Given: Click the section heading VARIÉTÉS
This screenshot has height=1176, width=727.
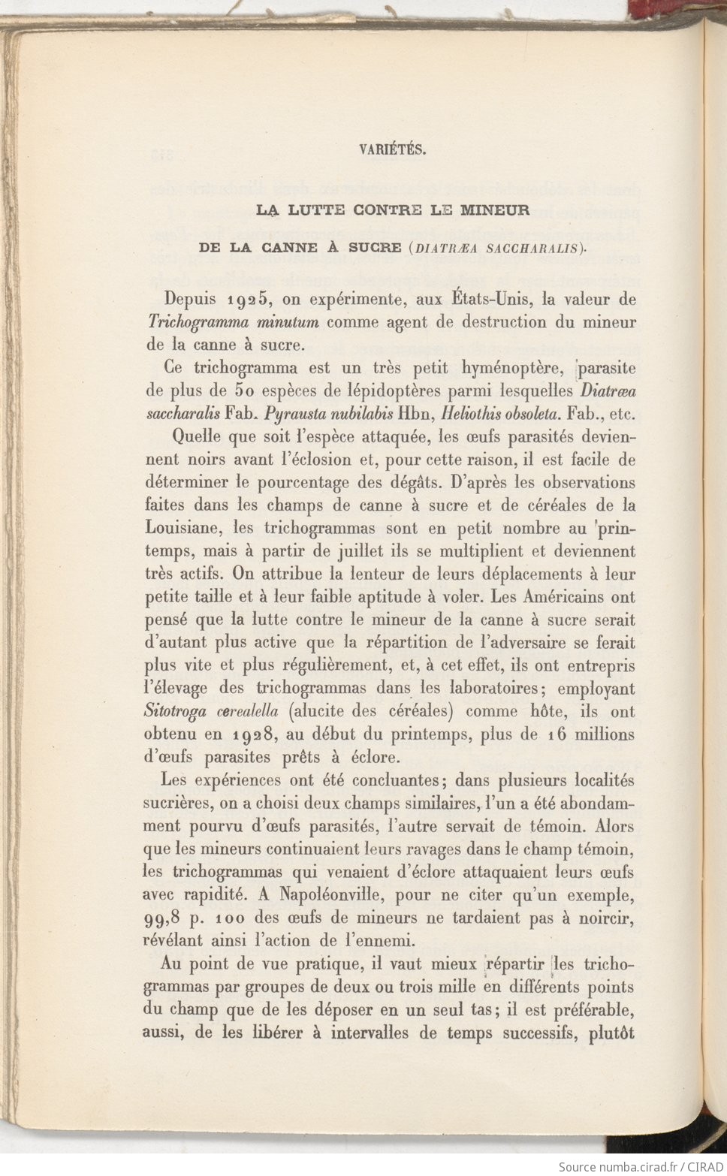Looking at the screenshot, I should pos(392,149).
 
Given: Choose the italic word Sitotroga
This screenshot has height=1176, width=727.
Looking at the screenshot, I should pos(176,711).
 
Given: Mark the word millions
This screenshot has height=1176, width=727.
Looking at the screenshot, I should pos(604,734).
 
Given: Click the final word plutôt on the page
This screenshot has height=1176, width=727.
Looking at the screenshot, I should pos(611,1033).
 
